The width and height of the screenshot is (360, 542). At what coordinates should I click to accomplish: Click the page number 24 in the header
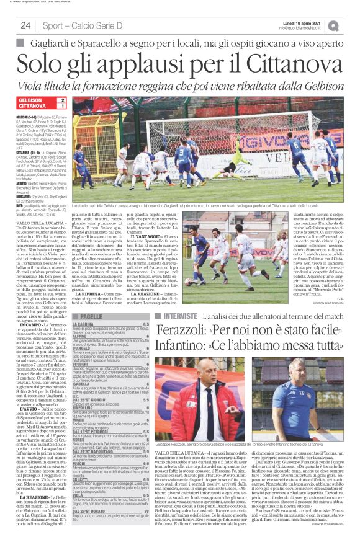[25, 25]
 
